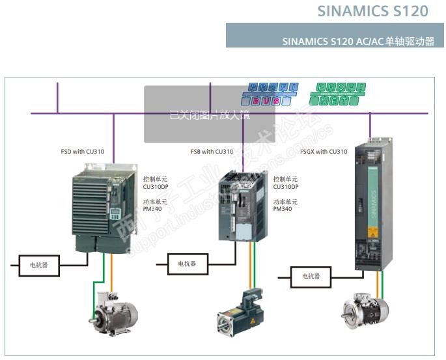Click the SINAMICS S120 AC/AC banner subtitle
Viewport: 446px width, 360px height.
pyautogui.click(x=358, y=41)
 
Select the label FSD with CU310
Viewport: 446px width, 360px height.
pyautogui.click(x=83, y=152)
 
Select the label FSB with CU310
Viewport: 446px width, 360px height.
pyautogui.click(x=212, y=152)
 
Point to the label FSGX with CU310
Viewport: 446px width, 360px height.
pyautogui.click(x=324, y=152)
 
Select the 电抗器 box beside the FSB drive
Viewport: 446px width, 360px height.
pyautogui.click(x=182, y=264)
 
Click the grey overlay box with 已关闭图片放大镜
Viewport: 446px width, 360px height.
pyautogui.click(x=209, y=114)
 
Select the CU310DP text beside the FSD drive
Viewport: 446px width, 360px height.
pyautogui.click(x=155, y=187)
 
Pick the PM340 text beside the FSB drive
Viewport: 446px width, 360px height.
pyautogui.click(x=282, y=209)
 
